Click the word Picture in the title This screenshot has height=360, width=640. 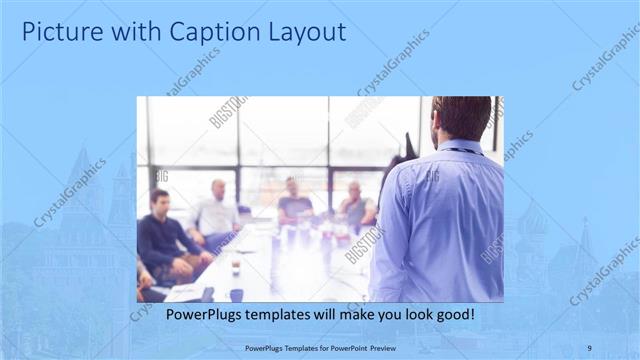click(x=61, y=32)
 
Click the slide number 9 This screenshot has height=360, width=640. click(x=589, y=346)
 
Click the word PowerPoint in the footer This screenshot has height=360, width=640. click(x=345, y=346)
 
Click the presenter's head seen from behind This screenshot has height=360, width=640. click(x=461, y=116)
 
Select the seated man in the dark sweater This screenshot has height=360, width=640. click(x=162, y=236)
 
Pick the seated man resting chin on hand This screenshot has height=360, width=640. click(x=355, y=205)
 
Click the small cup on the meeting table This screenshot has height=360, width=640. click(x=235, y=268)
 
